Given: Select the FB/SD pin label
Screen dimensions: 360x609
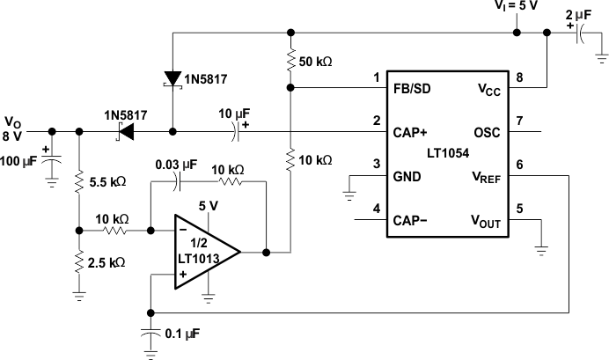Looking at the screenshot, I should tap(412, 88).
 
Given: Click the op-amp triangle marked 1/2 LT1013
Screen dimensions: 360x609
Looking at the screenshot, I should tap(200, 250).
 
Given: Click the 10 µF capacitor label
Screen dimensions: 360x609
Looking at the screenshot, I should tap(235, 114).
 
